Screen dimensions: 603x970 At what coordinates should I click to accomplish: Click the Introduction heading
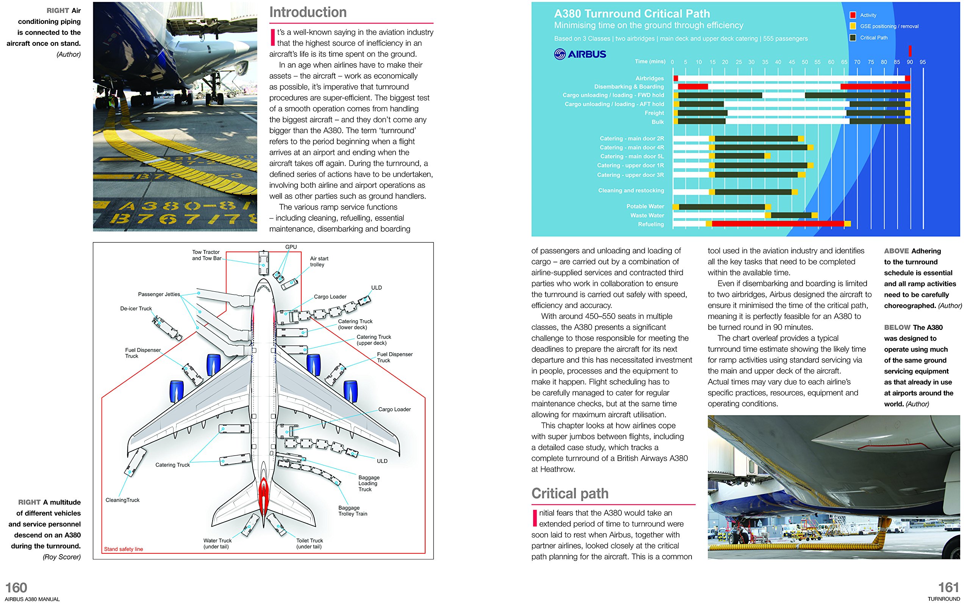pos(308,12)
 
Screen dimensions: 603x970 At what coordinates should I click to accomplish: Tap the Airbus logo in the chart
pos(580,54)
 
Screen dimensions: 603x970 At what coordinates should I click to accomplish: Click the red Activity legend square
pos(853,15)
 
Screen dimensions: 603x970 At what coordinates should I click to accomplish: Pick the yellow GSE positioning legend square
pos(853,26)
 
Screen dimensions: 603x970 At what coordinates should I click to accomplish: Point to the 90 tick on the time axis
pos(910,62)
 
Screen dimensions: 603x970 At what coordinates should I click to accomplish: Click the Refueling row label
pos(651,224)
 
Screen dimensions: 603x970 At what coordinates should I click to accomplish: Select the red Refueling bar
pos(778,224)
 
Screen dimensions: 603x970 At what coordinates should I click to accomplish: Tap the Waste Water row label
pos(647,216)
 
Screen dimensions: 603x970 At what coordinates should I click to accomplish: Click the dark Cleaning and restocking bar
pos(753,192)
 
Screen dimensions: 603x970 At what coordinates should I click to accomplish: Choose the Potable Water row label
pos(645,206)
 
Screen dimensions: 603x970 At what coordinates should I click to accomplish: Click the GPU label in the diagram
pos(291,247)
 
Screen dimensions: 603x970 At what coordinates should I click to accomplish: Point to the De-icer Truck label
pos(136,308)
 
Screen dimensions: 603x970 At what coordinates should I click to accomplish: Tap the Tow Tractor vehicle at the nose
pos(263,263)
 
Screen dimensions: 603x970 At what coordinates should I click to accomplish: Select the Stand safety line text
pos(123,549)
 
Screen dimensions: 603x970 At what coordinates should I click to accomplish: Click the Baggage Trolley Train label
pos(353,511)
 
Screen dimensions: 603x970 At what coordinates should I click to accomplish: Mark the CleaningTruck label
pos(122,500)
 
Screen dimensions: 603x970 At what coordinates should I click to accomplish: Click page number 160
pos(16,587)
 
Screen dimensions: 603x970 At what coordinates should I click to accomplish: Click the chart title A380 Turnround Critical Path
pos(632,14)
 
